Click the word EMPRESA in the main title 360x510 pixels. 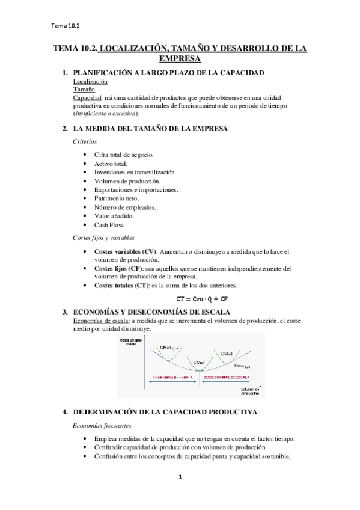(x=180, y=59)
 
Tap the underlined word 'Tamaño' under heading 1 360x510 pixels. (x=84, y=89)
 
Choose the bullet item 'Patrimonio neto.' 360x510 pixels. (x=117, y=198)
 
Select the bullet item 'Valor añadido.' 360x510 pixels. (x=114, y=215)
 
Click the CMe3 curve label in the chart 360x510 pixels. (x=227, y=354)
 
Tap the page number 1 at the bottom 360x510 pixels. (x=180, y=477)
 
